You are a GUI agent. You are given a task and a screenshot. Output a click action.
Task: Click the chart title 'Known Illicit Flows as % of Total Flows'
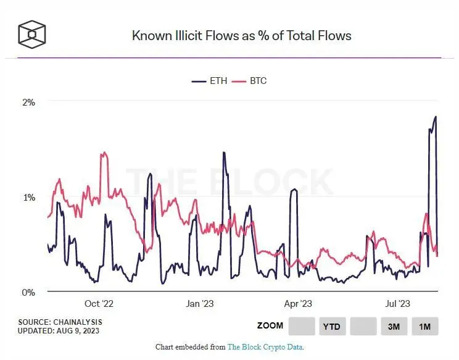pos(241,36)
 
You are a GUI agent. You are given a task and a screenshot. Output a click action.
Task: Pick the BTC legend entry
pos(251,81)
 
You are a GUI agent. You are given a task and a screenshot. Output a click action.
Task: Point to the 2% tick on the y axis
pos(28,102)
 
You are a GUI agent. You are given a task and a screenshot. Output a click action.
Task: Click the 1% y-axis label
pos(28,197)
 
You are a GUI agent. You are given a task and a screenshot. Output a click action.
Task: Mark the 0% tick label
pos(28,292)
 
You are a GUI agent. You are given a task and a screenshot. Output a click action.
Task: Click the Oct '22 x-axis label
pos(99,304)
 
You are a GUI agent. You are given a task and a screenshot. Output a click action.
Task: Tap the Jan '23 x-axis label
pos(199,304)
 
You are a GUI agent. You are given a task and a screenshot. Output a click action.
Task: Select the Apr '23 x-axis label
pos(299,304)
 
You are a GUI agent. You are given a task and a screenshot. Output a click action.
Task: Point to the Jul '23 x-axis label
pos(397,304)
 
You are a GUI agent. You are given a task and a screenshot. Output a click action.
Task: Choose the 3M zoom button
pos(394,326)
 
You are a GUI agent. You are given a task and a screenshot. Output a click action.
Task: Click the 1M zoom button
pos(424,326)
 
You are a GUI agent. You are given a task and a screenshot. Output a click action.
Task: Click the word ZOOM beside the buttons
pos(270,325)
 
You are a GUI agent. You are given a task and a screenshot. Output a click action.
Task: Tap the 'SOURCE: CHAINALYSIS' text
pos(60,322)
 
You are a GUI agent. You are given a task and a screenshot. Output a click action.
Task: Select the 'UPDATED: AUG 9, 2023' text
pos(59,331)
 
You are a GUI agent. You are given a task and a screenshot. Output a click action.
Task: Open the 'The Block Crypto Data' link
pos(265,347)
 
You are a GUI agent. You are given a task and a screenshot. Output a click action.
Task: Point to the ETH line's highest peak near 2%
pos(436,116)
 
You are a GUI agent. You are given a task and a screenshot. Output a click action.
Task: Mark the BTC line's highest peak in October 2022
pos(104,153)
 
